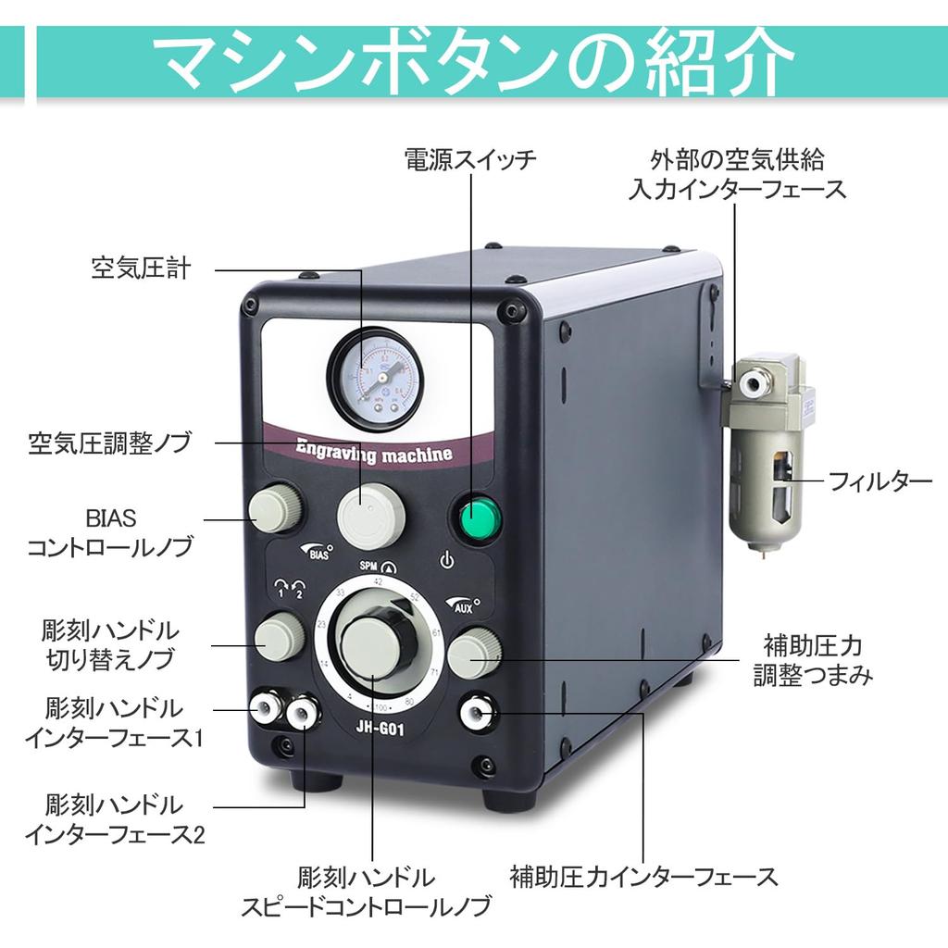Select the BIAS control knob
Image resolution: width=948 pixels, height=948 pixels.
pyautogui.click(x=275, y=508)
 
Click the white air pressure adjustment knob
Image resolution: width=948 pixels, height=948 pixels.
pyautogui.click(x=370, y=517)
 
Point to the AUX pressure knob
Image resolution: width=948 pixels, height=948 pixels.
pyautogui.click(x=473, y=651)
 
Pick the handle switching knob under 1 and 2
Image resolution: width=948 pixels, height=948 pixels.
pyautogui.click(x=277, y=638)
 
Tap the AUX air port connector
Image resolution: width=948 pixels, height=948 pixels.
pyautogui.click(x=478, y=712)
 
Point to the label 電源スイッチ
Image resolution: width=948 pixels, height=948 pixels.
pyautogui.click(x=470, y=159)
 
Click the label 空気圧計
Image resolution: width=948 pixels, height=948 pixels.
pyautogui.click(x=141, y=268)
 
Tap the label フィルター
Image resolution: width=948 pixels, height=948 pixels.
pyautogui.click(x=879, y=481)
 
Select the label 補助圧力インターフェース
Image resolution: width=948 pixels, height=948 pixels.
pyautogui.click(x=644, y=876)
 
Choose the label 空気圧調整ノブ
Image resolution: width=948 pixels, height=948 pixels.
pyautogui.click(x=109, y=443)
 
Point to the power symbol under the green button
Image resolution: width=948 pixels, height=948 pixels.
pyautogui.click(x=446, y=560)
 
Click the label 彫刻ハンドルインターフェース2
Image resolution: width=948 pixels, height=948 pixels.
pyautogui.click(x=115, y=818)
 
